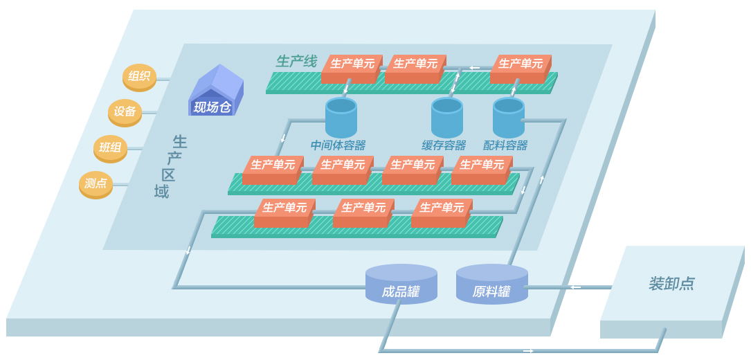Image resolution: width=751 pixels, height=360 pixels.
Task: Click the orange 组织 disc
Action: [x=139, y=77]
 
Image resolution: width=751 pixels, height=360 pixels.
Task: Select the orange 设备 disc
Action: [x=125, y=112]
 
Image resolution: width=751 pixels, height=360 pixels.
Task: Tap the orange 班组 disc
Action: [x=110, y=147]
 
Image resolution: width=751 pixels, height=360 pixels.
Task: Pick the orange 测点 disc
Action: [x=96, y=183]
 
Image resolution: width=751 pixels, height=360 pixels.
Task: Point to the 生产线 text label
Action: [x=296, y=62]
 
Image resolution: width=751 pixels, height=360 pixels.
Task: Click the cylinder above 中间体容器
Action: [x=341, y=117]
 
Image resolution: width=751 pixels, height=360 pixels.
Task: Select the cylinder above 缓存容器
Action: [x=447, y=117]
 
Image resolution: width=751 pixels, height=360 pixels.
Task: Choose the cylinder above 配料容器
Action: [x=509, y=117]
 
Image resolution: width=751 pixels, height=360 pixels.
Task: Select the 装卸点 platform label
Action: [x=671, y=284]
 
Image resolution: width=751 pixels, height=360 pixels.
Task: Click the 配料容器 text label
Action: [x=505, y=145]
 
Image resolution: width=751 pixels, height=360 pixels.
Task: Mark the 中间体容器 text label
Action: [x=338, y=145]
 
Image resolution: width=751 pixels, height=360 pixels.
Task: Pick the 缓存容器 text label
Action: [x=444, y=145]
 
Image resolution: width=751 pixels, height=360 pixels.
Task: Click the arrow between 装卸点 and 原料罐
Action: [x=575, y=287]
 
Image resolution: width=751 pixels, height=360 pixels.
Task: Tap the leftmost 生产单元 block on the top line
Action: [x=351, y=68]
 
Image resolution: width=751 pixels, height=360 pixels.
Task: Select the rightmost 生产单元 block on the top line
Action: [x=520, y=68]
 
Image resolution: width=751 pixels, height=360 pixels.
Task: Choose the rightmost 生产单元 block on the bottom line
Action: [x=441, y=212]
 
